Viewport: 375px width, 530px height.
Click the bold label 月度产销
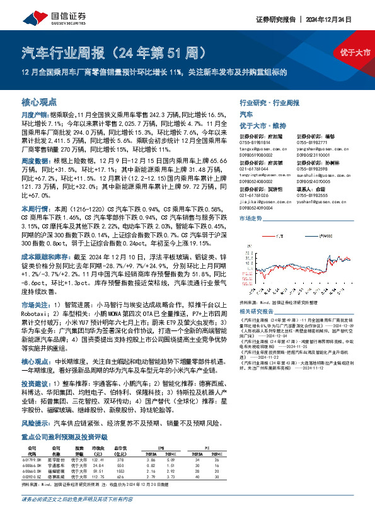coord(33,116)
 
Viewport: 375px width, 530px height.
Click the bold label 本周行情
coord(33,208)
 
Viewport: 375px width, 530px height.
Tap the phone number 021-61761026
coord(252,195)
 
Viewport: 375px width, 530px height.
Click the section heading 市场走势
coord(251,217)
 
